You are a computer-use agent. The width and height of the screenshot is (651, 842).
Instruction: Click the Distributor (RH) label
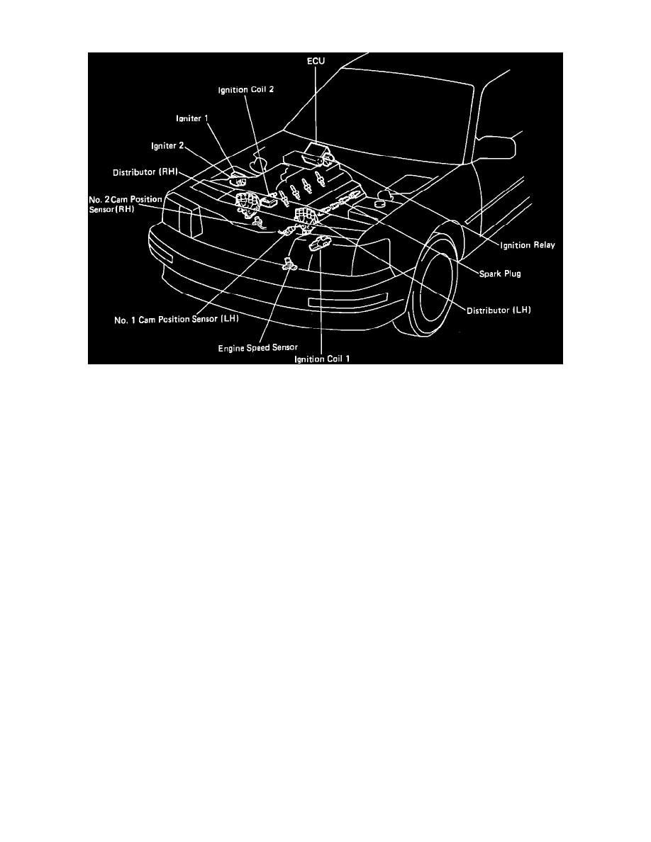point(145,172)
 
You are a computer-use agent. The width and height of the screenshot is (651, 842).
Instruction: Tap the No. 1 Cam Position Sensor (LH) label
point(177,319)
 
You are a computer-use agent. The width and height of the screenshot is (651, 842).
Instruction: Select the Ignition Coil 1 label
point(323,359)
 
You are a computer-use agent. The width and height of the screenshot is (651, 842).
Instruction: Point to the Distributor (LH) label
point(499,310)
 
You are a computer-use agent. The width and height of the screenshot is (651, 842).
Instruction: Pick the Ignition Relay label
point(525,245)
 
